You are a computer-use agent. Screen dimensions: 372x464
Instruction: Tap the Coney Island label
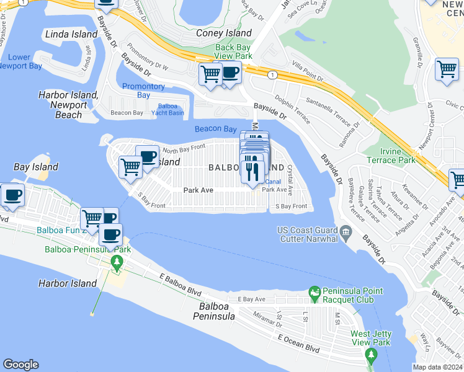click(x=224, y=33)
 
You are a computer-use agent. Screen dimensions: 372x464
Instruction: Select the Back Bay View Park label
click(x=233, y=51)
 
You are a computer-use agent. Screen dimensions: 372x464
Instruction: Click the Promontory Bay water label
click(x=143, y=91)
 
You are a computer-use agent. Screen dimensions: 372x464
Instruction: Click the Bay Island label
click(x=36, y=167)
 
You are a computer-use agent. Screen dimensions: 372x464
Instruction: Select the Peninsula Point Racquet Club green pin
click(x=315, y=292)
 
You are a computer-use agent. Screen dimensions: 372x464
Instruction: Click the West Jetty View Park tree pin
click(x=371, y=354)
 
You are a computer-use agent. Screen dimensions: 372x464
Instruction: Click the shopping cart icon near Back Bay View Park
click(x=210, y=74)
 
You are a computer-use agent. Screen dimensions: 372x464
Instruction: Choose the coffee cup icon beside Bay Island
click(x=12, y=195)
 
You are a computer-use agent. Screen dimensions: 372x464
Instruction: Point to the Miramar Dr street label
click(x=267, y=319)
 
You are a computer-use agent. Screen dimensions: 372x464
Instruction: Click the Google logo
click(x=20, y=365)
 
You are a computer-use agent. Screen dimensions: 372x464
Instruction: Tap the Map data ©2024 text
click(x=437, y=367)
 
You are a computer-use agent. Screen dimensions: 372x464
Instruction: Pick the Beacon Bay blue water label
click(x=216, y=129)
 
